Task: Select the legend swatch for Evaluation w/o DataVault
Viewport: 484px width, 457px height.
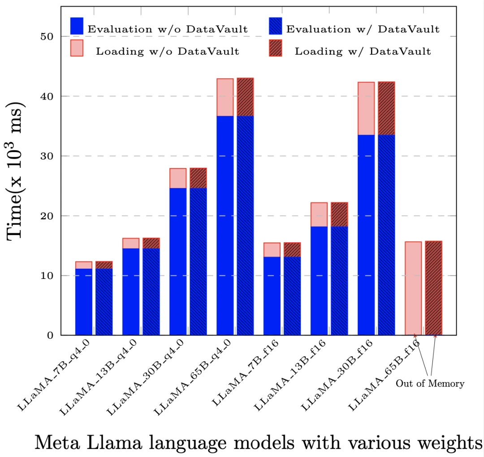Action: (77, 26)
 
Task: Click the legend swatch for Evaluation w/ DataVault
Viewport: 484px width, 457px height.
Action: (275, 26)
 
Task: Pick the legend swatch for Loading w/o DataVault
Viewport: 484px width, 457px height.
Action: (77, 48)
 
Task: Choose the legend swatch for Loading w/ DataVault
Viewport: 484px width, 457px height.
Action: (275, 48)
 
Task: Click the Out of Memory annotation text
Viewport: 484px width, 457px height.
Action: (430, 383)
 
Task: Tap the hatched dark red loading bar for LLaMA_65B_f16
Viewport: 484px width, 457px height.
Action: (433, 288)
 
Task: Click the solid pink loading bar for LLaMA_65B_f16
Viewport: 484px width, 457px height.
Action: (413, 288)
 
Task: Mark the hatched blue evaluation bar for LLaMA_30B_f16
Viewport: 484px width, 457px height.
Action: (386, 235)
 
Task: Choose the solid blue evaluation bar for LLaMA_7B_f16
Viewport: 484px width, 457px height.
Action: (272, 296)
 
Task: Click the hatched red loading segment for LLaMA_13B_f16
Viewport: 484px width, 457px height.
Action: (339, 214)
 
